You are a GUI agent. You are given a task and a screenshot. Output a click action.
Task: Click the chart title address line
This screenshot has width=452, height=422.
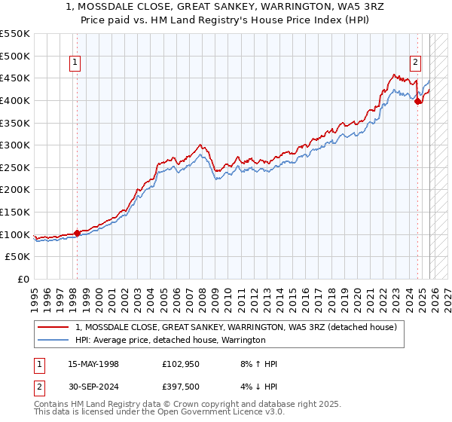226,8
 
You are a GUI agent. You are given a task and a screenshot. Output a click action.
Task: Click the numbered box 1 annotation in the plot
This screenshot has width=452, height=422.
76,63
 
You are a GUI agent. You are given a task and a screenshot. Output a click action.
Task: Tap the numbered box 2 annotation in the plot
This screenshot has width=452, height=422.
416,63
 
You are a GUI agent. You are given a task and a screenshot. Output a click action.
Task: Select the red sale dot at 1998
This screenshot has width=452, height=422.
77,233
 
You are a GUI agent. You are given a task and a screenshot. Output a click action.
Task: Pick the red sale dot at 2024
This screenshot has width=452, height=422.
418,102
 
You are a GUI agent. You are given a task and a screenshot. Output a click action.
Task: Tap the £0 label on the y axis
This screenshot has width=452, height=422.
23,280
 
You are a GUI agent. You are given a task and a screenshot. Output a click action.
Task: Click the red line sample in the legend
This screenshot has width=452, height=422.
54,328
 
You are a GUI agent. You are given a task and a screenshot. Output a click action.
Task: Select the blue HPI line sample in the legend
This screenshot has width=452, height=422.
54,341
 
